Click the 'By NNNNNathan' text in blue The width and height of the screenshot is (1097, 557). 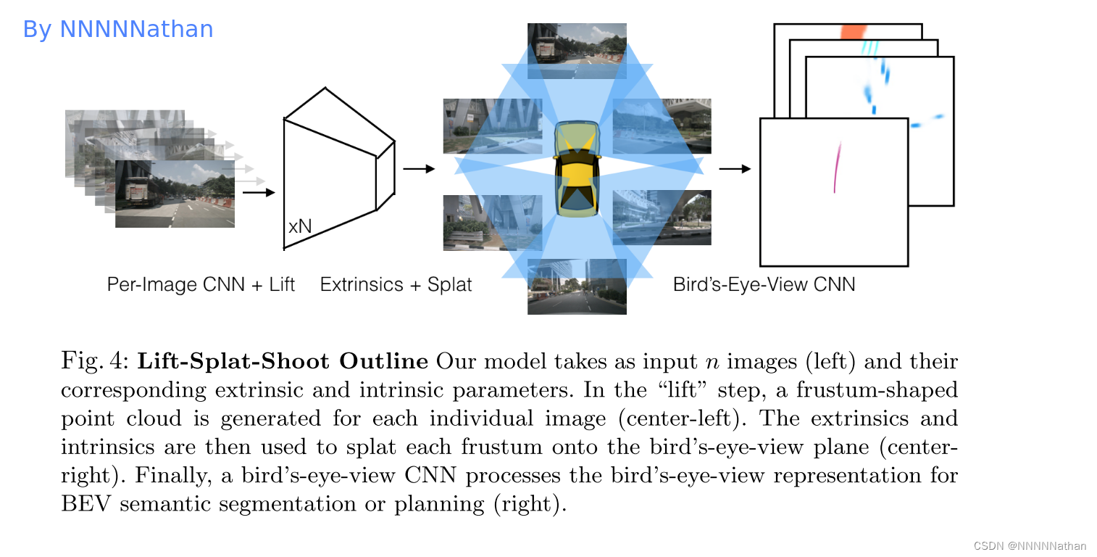(x=118, y=29)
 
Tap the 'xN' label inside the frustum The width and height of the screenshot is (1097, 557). (x=299, y=226)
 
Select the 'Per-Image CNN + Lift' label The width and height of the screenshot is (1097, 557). (x=201, y=284)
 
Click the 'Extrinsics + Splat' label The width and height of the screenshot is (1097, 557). (x=396, y=284)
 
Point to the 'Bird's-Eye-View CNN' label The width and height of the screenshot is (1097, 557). (x=764, y=284)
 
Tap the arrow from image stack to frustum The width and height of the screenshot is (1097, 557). (x=259, y=192)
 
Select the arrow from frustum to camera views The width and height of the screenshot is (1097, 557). (x=418, y=169)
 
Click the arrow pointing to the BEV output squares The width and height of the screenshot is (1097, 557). (x=734, y=169)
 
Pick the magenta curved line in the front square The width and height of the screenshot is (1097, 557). (x=837, y=167)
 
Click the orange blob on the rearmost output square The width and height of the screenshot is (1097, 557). (x=853, y=33)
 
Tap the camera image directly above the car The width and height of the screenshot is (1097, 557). (x=577, y=51)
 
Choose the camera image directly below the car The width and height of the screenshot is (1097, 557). (x=577, y=286)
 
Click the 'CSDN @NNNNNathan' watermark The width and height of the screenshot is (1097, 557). (x=1030, y=545)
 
